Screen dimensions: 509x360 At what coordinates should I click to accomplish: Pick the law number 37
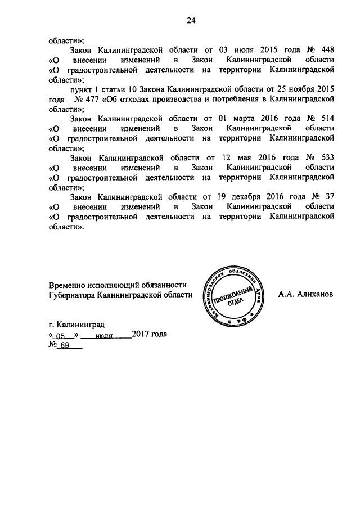pyautogui.click(x=330, y=197)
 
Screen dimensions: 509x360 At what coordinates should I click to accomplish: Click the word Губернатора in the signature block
pyautogui.click(x=72, y=294)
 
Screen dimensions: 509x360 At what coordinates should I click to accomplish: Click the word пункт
pyautogui.click(x=82, y=89)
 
